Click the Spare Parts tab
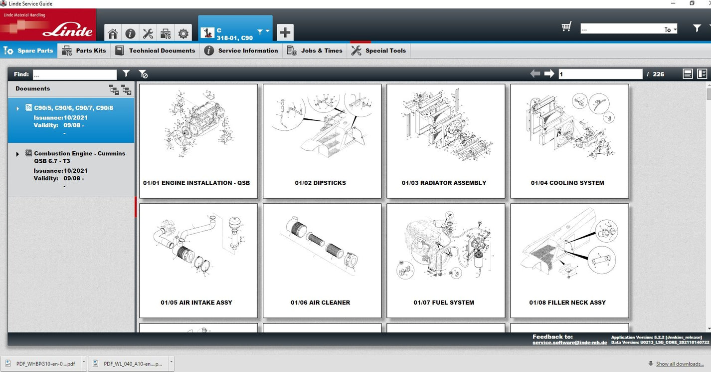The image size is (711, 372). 29,50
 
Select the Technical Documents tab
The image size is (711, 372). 155,50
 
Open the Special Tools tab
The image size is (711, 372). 378,50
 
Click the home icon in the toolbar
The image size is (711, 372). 113,33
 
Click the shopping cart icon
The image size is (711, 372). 566,27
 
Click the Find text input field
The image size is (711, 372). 75,74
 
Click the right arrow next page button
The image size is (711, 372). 549,74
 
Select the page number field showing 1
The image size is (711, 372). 600,74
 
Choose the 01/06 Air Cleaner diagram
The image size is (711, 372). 322,260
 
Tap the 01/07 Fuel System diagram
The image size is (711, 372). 445,260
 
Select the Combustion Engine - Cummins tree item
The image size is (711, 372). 79,157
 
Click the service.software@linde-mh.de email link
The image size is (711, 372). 569,343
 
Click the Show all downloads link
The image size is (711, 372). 680,364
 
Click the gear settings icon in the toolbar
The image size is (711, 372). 183,33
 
